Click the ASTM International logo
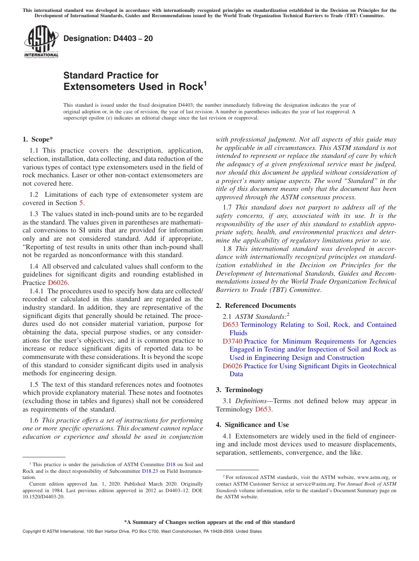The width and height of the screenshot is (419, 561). click(x=41, y=41)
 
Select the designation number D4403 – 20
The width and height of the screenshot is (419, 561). click(x=108, y=38)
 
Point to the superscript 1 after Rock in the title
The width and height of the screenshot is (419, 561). click(x=204, y=83)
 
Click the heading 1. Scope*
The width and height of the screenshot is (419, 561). click(x=38, y=139)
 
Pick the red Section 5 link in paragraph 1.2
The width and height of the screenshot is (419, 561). click(x=81, y=203)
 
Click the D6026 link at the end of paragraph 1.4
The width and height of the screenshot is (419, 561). click(x=58, y=283)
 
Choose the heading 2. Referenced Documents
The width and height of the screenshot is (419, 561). click(x=256, y=306)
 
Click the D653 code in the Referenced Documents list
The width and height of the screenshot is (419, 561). click(x=230, y=325)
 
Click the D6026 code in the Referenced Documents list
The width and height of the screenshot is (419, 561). click(x=232, y=366)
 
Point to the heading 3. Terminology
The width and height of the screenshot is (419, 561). click(x=239, y=390)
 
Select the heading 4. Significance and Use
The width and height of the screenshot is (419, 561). click(x=252, y=425)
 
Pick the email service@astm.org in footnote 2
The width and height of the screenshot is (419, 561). click(x=300, y=484)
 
